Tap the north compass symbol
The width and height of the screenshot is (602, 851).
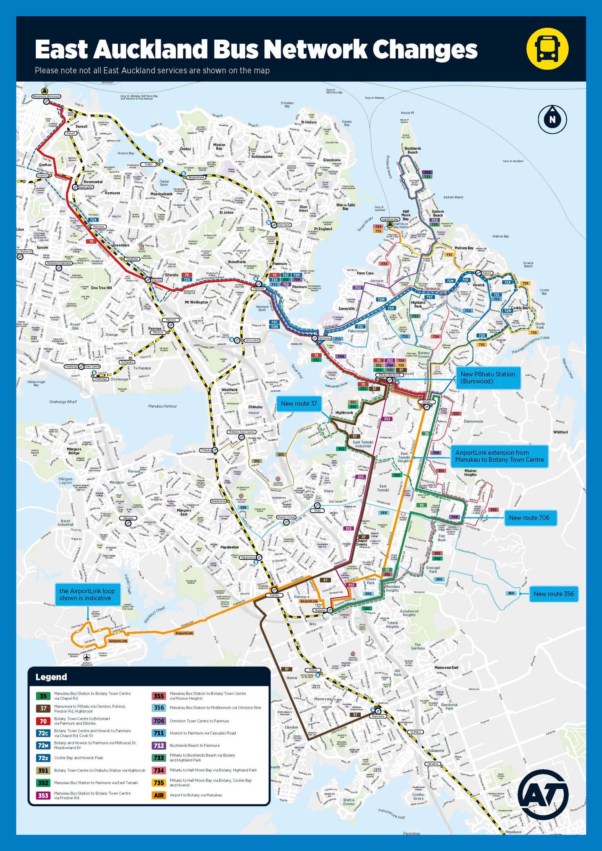click(x=552, y=119)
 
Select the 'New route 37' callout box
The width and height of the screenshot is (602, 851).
click(x=299, y=403)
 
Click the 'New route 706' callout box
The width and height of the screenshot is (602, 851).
click(x=529, y=518)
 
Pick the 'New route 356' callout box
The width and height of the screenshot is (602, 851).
click(x=553, y=594)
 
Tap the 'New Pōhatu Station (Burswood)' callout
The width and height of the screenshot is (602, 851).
click(x=488, y=377)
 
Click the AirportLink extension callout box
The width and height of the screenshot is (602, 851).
click(x=499, y=456)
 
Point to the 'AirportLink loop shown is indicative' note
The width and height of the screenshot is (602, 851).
click(x=87, y=595)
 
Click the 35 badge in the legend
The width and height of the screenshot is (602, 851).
click(x=43, y=696)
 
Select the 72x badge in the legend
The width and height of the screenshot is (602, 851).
click(x=43, y=758)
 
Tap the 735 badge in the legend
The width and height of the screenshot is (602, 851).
click(x=159, y=782)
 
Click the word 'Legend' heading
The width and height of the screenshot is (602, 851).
click(x=51, y=677)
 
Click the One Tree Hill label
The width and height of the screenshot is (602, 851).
click(x=101, y=288)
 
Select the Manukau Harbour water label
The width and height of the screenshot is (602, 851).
click(x=162, y=406)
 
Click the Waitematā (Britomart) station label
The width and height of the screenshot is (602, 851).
click(x=46, y=96)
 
